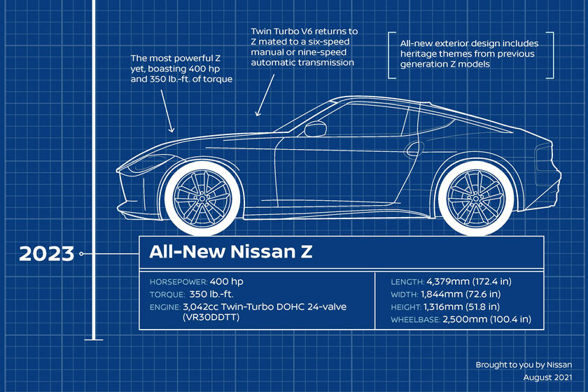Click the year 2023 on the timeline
coord(46,253)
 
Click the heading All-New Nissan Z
coord(230,251)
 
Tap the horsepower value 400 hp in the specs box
coord(227,281)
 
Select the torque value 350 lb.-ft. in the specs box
coord(211,294)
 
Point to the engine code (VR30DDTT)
coord(211,317)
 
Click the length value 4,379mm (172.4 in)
coord(469,281)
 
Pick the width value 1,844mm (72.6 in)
coord(461,294)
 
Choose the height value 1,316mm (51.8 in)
coord(461,307)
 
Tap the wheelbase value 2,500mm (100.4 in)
coord(486,319)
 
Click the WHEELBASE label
coord(416,320)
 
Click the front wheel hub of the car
coord(202,197)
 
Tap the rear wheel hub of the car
coord(476,197)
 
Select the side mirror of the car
coord(315,128)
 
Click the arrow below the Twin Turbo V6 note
coord(265,95)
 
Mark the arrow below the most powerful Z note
coord(167,111)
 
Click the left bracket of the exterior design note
coord(391,55)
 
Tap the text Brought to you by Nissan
coord(524,365)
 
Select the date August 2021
coord(548,377)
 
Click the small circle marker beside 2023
coord(81,254)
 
